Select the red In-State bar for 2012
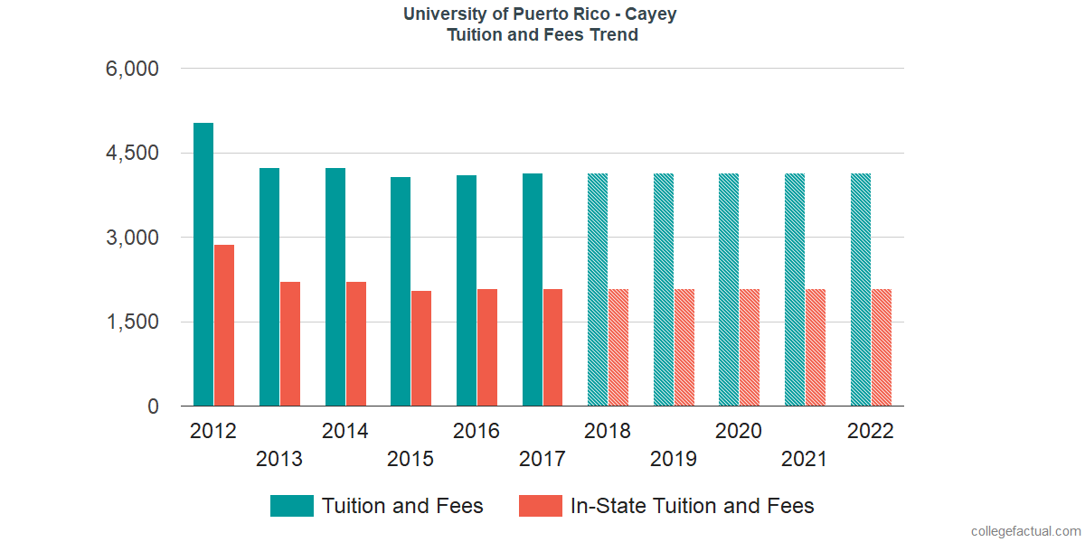pyautogui.click(x=224, y=325)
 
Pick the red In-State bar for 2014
pyautogui.click(x=356, y=344)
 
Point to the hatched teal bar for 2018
pyautogui.click(x=598, y=290)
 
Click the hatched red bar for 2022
pyautogui.click(x=882, y=348)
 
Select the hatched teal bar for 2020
pyautogui.click(x=729, y=290)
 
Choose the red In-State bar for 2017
pyautogui.click(x=553, y=348)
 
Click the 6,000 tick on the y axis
pyautogui.click(x=132, y=69)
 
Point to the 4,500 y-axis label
pyautogui.click(x=132, y=154)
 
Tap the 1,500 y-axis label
pyautogui.click(x=132, y=322)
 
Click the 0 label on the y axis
pyautogui.click(x=154, y=407)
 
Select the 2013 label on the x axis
pyautogui.click(x=279, y=459)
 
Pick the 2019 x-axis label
pyautogui.click(x=674, y=459)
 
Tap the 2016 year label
pyautogui.click(x=476, y=431)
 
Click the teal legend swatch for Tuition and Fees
pyautogui.click(x=292, y=506)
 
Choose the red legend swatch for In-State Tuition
pyautogui.click(x=541, y=506)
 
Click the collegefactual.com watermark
pyautogui.click(x=1024, y=530)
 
